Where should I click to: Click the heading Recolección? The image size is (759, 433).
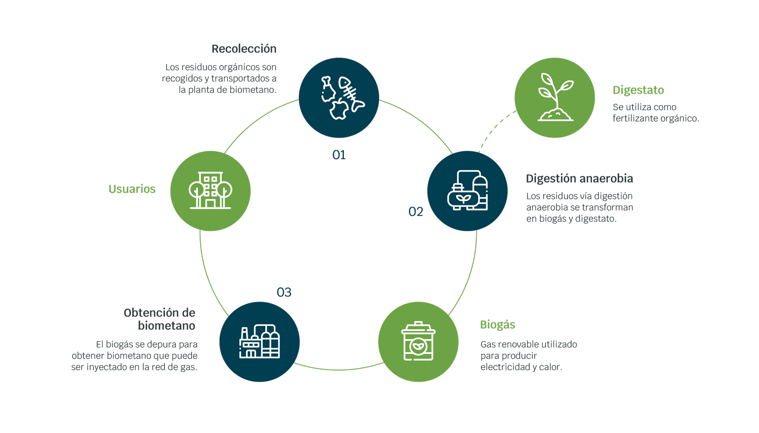point(244,49)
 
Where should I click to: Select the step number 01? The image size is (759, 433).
point(339,155)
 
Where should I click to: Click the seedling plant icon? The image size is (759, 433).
point(555,97)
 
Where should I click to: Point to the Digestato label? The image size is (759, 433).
point(638,90)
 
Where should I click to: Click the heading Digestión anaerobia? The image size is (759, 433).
point(579,179)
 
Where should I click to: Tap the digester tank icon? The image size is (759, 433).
point(467,190)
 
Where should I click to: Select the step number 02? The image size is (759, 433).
point(416,212)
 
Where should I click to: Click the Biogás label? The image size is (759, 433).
point(497,325)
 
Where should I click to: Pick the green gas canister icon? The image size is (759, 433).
point(418,342)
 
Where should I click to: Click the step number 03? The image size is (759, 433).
point(284,292)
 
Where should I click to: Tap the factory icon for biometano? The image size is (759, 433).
point(259,342)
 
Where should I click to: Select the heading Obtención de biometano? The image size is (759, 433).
point(160,319)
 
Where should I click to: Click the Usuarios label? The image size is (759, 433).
point(132,189)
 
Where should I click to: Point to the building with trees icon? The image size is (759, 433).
point(210,190)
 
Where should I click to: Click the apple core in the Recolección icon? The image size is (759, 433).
point(339,109)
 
